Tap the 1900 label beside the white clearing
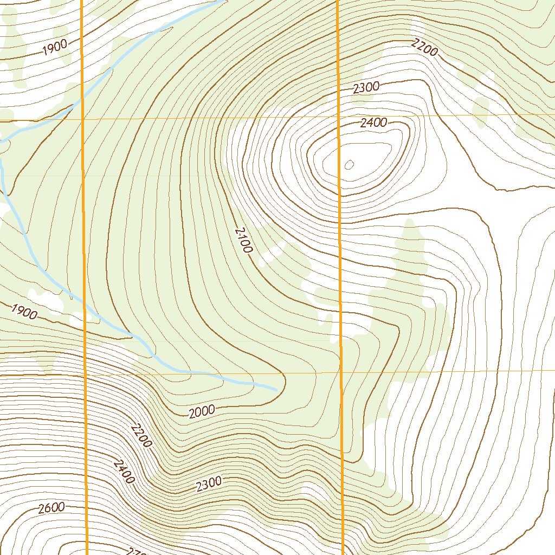(x=24, y=312)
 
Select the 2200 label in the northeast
(x=424, y=48)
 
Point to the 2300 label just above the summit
(x=366, y=87)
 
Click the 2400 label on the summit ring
(x=374, y=123)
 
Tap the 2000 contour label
(x=202, y=412)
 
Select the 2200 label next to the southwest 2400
(x=141, y=435)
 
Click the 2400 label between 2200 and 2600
(x=124, y=471)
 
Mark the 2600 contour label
(x=51, y=508)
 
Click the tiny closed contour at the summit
(x=349, y=164)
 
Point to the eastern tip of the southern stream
(x=277, y=389)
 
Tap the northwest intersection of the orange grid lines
(x=83, y=118)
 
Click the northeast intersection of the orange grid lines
(x=339, y=116)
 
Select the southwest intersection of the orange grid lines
(x=86, y=375)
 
